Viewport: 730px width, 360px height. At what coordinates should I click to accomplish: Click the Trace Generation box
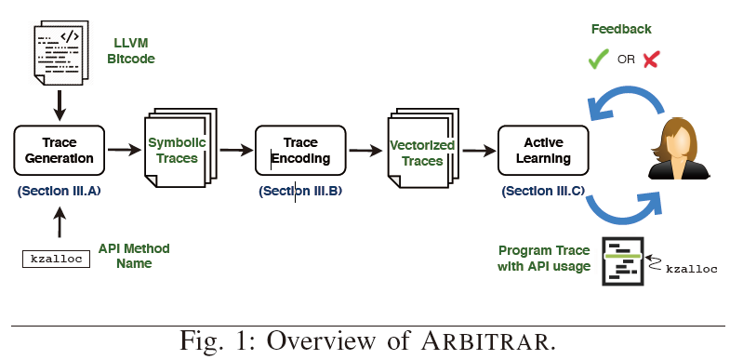(60, 150)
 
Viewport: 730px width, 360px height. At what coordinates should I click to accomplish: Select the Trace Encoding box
(299, 150)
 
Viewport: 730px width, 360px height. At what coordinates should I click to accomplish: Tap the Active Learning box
(543, 150)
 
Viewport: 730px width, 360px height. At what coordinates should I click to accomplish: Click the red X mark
(651, 60)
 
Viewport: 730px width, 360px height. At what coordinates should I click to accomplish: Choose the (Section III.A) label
(58, 192)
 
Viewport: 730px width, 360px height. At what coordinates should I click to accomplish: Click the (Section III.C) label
(543, 192)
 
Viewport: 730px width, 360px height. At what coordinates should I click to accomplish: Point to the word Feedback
(621, 30)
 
